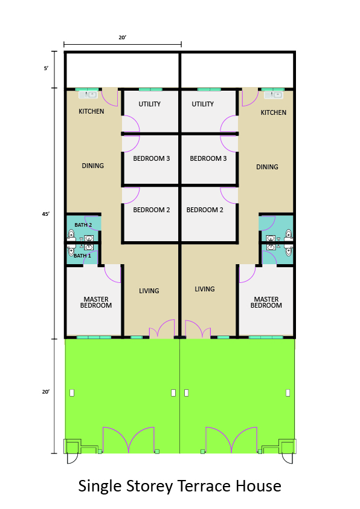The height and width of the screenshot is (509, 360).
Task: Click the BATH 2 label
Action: click(x=83, y=225)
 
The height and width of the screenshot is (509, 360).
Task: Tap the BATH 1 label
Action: click(x=82, y=256)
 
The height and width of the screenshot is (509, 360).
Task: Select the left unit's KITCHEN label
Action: click(x=91, y=111)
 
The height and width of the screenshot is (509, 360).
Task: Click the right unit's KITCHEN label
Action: click(x=274, y=112)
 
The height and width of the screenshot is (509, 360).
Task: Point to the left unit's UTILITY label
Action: click(x=150, y=104)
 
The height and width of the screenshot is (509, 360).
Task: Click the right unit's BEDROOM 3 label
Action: click(x=208, y=158)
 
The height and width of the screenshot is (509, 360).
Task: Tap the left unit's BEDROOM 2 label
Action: click(x=152, y=210)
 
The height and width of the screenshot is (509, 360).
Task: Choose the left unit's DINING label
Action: click(x=93, y=166)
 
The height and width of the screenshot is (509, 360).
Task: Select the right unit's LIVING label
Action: click(x=205, y=289)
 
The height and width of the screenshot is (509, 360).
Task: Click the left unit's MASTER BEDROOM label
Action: click(x=96, y=302)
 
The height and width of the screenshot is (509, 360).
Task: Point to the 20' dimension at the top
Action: click(x=122, y=37)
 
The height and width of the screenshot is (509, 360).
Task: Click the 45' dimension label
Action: click(x=46, y=214)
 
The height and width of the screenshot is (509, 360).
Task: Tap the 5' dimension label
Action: click(x=46, y=68)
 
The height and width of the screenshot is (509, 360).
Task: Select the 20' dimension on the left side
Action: click(x=46, y=392)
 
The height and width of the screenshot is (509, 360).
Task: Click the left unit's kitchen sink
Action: click(x=88, y=95)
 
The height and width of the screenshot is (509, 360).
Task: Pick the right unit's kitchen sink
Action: click(x=274, y=95)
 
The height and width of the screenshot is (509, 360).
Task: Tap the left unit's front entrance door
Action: click(x=162, y=328)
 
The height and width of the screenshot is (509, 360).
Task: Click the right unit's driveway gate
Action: click(x=231, y=440)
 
